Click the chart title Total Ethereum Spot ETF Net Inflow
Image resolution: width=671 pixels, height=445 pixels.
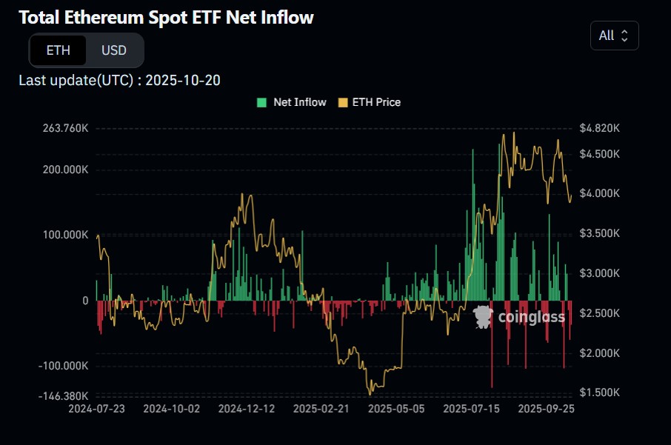coord(167,18)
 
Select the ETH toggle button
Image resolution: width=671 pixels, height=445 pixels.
coord(58,50)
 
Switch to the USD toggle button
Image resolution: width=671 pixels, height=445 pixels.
coord(114,50)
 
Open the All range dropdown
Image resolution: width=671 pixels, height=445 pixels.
coord(614,36)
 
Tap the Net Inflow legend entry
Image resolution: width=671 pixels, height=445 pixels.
coord(292,102)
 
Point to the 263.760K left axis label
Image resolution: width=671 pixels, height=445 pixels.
coord(65,128)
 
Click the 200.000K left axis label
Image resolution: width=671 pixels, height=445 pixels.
coord(65,170)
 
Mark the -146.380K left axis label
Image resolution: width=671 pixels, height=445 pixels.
coord(64,396)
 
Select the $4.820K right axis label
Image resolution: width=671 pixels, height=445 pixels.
coord(600,128)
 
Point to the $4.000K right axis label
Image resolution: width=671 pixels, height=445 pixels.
coord(600,193)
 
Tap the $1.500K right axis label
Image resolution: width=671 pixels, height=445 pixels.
coord(600,392)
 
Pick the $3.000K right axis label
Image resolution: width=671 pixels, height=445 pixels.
coord(600,273)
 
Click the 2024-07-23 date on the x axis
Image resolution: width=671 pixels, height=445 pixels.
coord(97,408)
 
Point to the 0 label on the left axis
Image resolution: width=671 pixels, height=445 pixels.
coord(85,301)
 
